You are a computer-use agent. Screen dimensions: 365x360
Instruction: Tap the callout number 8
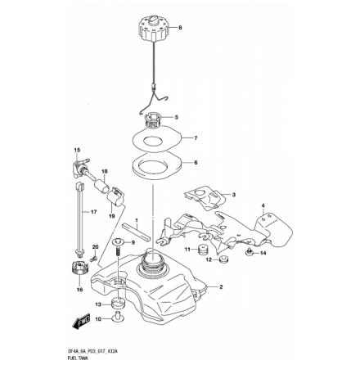(181, 27)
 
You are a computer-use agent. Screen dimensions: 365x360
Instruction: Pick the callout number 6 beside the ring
(196, 162)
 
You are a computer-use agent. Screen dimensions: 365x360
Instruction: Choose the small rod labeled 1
(137, 232)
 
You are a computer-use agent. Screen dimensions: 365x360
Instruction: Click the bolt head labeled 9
(120, 242)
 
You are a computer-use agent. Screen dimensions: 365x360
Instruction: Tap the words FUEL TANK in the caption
(78, 355)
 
